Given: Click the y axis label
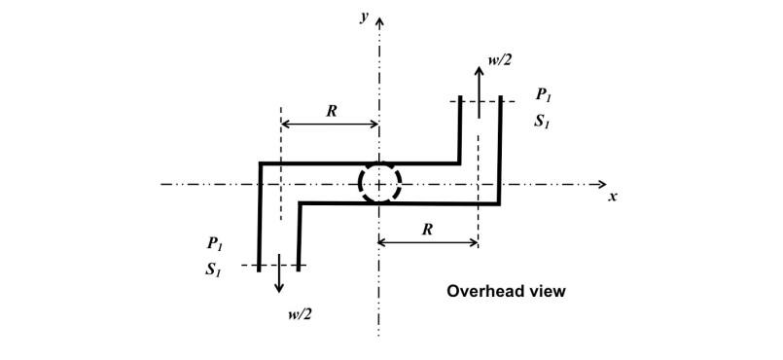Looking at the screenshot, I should pos(364,18).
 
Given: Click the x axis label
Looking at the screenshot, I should pos(613,197).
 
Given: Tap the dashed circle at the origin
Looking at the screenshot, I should pos(379,183).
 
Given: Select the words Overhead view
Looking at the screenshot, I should pos(506,291).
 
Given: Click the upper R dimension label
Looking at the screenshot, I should pos(331,110).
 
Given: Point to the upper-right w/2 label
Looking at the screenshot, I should pos(501,60).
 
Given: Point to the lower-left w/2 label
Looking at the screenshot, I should pos(301,312).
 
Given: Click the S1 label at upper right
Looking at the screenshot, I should pos(543,122).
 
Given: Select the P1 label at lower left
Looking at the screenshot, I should pos(215,243).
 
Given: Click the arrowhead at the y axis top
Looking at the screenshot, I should pos(379,19).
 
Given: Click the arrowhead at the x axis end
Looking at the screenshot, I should pos(602,184).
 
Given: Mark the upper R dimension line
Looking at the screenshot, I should pos(330,125).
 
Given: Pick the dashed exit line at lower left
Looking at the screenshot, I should pos(277,265).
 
